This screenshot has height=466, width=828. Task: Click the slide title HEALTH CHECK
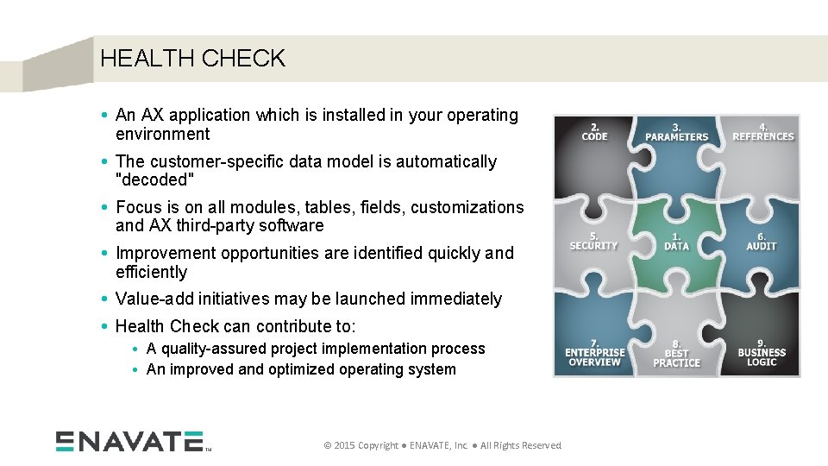click(x=192, y=59)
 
